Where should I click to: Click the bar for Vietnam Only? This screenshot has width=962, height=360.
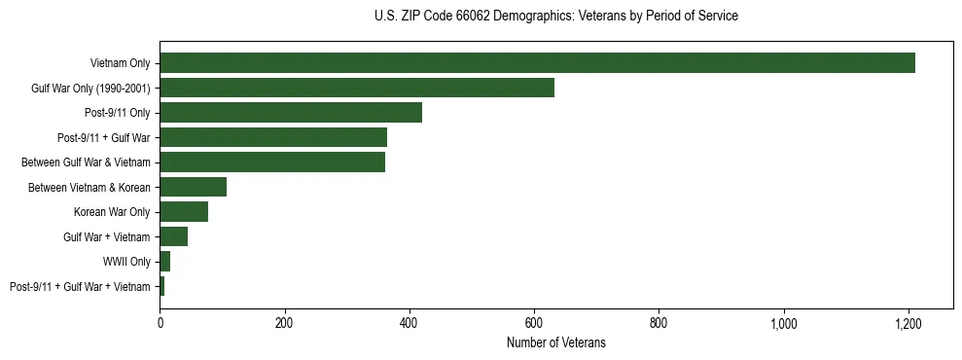click(x=537, y=63)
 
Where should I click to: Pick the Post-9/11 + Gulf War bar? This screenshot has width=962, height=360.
click(x=273, y=137)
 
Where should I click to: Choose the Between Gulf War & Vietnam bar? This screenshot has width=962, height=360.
click(x=272, y=162)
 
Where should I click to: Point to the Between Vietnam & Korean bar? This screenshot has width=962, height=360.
click(x=193, y=187)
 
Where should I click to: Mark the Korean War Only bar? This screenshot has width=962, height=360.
click(x=184, y=211)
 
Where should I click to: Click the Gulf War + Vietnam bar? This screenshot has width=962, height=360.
click(x=173, y=236)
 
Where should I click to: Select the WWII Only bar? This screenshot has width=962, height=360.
click(x=165, y=261)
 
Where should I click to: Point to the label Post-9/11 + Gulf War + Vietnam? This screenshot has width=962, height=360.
click(x=80, y=286)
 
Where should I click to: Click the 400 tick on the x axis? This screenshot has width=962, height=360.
click(x=410, y=323)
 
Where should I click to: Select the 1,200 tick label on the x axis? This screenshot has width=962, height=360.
click(x=909, y=323)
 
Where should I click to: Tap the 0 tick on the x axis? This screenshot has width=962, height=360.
click(x=160, y=323)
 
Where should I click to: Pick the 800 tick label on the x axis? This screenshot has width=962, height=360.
click(x=659, y=323)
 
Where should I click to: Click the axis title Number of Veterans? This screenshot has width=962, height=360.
click(x=555, y=342)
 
